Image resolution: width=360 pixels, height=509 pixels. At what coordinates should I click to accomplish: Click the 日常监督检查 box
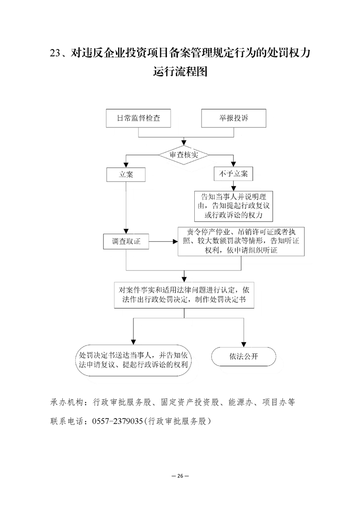(138, 118)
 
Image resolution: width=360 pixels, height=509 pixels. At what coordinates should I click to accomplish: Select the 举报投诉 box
(234, 118)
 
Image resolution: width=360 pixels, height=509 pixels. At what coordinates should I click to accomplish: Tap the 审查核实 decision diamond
(184, 155)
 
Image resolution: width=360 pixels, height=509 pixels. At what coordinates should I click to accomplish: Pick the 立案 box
(126, 175)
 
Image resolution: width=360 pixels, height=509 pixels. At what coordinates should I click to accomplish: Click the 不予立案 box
(233, 174)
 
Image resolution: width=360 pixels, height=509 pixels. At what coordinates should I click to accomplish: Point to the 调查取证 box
(126, 241)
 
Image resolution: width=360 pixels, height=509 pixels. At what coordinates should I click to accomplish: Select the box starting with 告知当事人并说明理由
(234, 206)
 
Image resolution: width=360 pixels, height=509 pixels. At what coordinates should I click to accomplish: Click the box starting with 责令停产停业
(241, 241)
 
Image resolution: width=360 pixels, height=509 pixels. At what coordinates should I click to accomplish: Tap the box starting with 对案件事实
(184, 295)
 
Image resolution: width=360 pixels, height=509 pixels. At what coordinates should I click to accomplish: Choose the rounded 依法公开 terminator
(244, 357)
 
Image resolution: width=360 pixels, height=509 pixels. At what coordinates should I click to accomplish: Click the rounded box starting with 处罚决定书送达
(133, 360)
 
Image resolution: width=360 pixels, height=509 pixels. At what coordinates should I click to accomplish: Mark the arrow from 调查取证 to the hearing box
(163, 241)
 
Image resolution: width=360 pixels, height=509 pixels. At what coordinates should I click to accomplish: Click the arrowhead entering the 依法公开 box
(244, 344)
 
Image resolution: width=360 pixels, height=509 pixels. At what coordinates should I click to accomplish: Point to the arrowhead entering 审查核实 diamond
(184, 142)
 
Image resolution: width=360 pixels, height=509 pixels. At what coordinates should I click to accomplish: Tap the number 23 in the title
(55, 53)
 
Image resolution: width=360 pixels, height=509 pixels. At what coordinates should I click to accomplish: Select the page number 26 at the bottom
(180, 476)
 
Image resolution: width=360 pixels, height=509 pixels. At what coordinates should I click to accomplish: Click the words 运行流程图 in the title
(180, 71)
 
